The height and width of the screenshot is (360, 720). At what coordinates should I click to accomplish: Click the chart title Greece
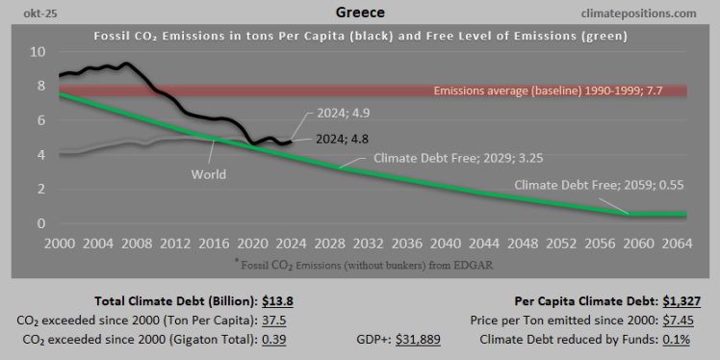360,13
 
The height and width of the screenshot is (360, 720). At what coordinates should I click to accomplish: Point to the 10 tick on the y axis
37,51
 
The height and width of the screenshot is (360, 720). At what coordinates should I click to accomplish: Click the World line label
208,174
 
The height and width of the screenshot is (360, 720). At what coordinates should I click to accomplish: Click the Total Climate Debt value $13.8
279,301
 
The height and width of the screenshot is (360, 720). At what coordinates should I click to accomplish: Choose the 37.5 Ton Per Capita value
279,320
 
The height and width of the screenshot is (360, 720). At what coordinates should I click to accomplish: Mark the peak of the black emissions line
126,64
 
